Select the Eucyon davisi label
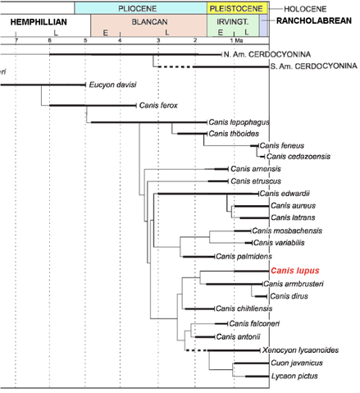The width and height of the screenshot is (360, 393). (x=112, y=85)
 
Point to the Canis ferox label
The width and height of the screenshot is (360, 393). (x=163, y=105)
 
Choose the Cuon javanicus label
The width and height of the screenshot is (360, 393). (x=295, y=363)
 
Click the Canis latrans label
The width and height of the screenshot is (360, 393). (x=288, y=217)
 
